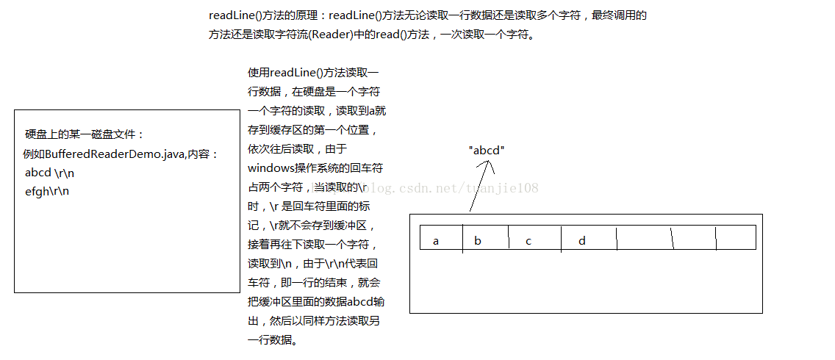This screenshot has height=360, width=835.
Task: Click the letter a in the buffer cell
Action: click(436, 241)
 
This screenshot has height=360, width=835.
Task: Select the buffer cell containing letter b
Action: click(478, 241)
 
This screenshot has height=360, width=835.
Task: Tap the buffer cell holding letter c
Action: click(528, 241)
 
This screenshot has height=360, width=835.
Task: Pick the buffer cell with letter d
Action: click(581, 241)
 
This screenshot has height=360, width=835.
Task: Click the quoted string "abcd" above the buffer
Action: click(487, 150)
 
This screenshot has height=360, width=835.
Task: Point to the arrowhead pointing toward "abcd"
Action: click(486, 163)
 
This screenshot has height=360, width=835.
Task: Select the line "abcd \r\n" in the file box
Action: click(49, 173)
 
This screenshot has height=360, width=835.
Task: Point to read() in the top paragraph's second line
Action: click(391, 35)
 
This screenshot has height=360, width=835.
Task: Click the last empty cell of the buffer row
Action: click(736, 237)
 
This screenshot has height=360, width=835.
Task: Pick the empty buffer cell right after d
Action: click(644, 237)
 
